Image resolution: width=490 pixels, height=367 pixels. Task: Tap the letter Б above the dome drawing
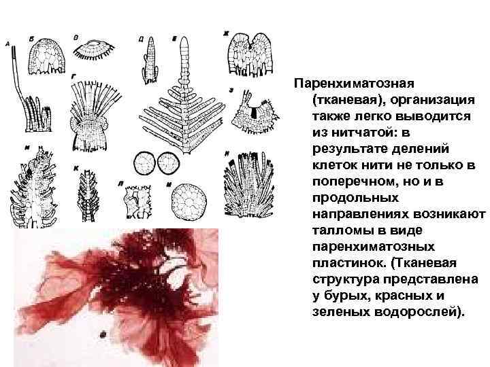pos(33,39)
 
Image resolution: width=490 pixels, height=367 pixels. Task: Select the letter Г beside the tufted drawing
pos(73,77)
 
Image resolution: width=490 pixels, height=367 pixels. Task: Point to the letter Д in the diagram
pos(140,39)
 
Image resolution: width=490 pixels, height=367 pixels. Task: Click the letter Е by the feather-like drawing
pos(175,38)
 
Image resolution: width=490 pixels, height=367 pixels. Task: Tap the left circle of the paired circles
pos(144,164)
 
